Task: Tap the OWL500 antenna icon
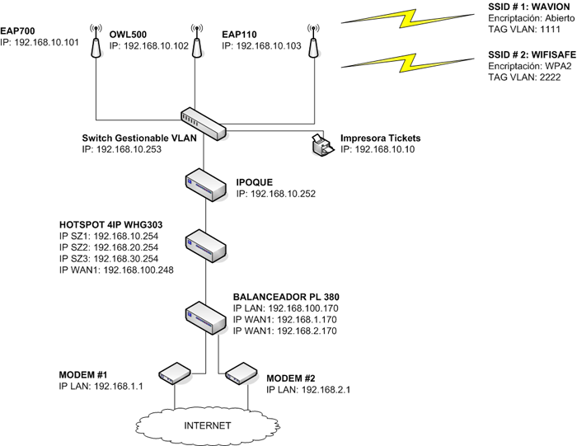(196, 48)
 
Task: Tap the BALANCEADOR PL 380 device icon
(204, 313)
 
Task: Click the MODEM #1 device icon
(173, 374)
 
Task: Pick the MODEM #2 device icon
(240, 374)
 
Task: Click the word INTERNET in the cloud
(207, 425)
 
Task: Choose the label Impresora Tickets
(381, 137)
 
